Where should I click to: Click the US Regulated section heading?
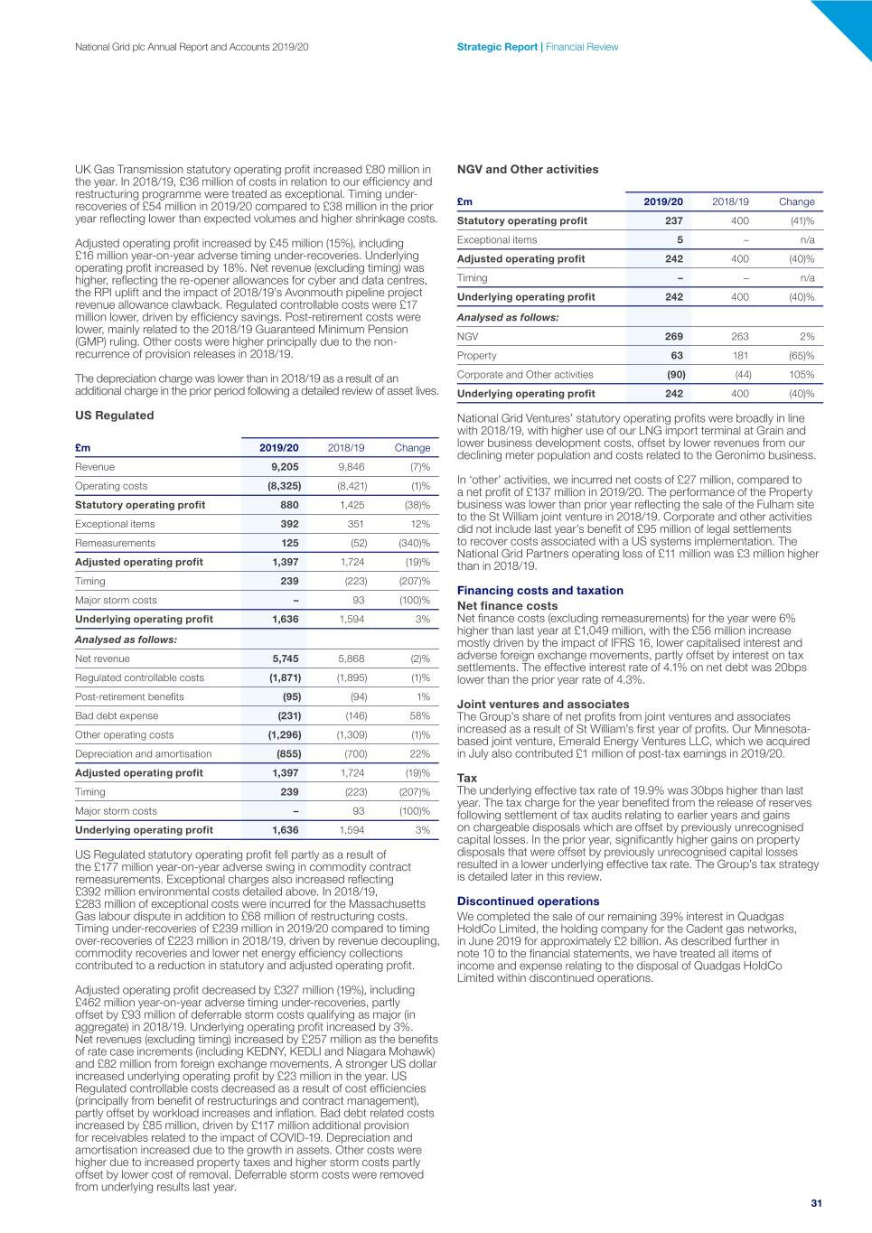114,416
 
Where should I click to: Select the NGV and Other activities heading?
528,169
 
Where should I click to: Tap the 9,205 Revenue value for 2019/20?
286,467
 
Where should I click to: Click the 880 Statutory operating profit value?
289,505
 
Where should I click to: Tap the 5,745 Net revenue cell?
286,659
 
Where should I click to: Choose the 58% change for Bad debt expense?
419,715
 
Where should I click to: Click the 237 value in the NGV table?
673,220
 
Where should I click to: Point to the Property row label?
476,355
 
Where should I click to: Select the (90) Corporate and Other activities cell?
675,374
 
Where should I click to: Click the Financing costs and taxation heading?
539,591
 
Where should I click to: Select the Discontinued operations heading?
528,901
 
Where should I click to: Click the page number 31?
816,1203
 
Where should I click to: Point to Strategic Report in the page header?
497,47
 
